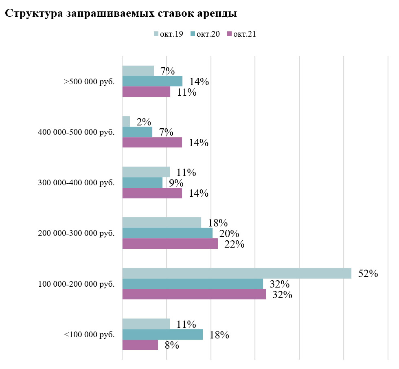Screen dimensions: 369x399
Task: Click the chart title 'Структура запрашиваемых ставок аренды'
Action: [x=121, y=13]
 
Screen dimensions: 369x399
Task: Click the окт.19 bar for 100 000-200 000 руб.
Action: [x=237, y=273]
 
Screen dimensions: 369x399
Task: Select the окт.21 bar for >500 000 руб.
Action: [x=146, y=92]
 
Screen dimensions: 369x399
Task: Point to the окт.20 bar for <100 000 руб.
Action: [x=162, y=334]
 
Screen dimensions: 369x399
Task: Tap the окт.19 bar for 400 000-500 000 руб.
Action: [x=126, y=121]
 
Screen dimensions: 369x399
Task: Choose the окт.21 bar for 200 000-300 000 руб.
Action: [x=170, y=244]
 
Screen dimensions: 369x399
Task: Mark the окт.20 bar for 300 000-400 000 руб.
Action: [x=142, y=183]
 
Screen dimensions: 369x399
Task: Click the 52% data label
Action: [x=368, y=274]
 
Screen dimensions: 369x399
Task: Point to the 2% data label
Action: [x=144, y=122]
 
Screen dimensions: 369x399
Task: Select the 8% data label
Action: [x=172, y=345]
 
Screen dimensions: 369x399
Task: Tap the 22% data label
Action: [x=234, y=244]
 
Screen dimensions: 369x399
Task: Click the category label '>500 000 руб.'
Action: [x=89, y=81]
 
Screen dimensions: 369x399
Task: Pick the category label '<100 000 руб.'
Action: [x=89, y=335]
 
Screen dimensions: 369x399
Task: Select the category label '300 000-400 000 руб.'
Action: [x=76, y=183]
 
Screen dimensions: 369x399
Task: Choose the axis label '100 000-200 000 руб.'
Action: [x=76, y=284]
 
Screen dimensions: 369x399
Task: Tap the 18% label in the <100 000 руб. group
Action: [x=219, y=335]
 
